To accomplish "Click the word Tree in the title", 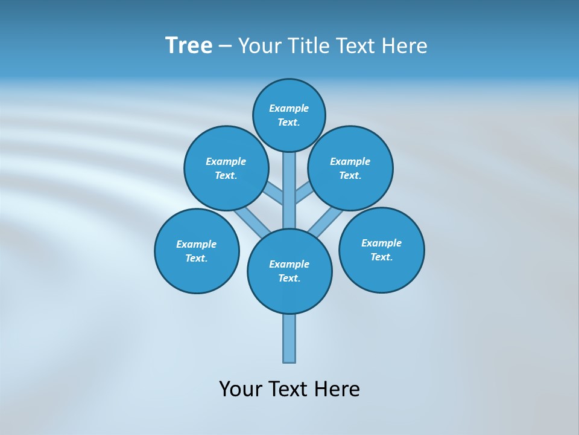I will click(189, 46).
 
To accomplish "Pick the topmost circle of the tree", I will click(289, 115).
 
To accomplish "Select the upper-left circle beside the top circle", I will click(226, 168).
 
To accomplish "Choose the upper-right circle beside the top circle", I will click(350, 168).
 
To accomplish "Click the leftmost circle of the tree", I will click(197, 251).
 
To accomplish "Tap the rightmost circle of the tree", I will click(382, 250).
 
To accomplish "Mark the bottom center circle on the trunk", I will click(289, 271).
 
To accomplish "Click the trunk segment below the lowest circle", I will click(289, 338).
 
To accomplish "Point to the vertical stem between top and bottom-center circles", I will click(289, 190).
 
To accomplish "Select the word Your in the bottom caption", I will click(239, 389).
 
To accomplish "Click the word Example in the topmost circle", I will click(289, 108).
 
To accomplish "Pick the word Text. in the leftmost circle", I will click(197, 258).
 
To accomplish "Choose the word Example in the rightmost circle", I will click(382, 243).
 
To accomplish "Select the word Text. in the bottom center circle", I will click(289, 278).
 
